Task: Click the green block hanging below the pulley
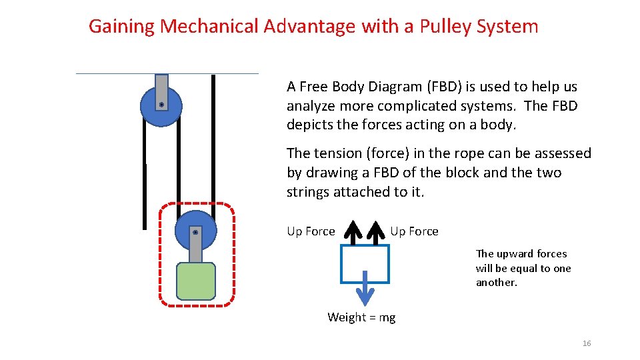pos(195,281)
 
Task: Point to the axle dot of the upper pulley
pos(161,105)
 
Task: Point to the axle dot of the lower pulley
pos(195,232)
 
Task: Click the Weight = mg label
pos(361,317)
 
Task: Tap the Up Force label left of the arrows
pos(311,231)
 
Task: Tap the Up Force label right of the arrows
pos(414,231)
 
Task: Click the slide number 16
pos(587,343)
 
